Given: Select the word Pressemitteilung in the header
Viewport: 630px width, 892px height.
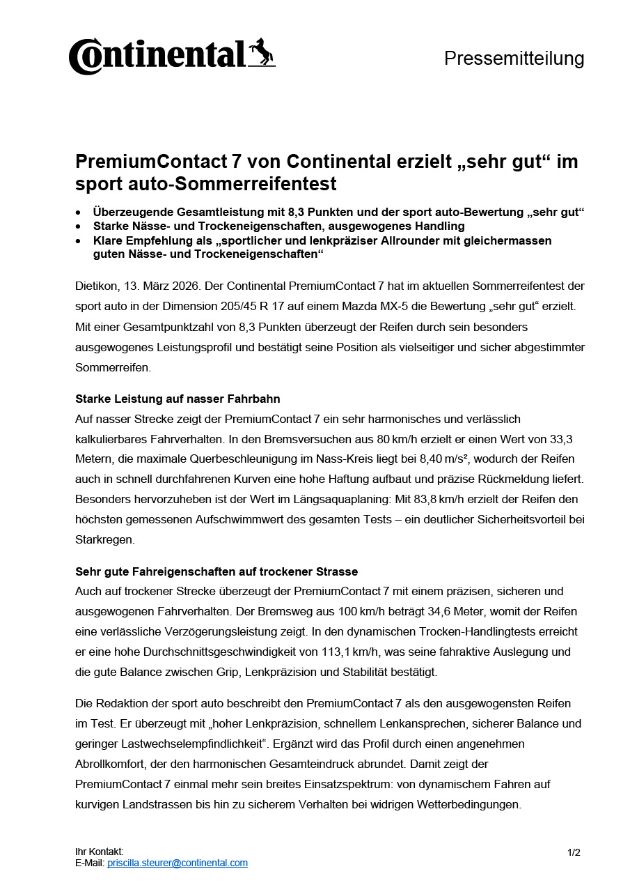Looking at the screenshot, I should tap(514, 59).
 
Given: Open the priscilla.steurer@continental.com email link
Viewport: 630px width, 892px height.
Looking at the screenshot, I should tap(178, 863).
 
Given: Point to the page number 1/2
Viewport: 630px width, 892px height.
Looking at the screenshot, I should tap(574, 852).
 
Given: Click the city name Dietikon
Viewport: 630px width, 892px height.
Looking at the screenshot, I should tap(95, 286).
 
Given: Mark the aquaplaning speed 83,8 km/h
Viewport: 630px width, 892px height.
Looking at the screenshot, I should tap(420, 500).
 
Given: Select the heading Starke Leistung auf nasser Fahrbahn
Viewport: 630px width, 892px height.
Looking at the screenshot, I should tap(178, 399).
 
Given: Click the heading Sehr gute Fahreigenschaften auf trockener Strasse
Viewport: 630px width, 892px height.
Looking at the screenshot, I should tap(216, 571).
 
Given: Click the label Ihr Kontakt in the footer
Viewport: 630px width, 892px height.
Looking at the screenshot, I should tap(100, 852).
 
